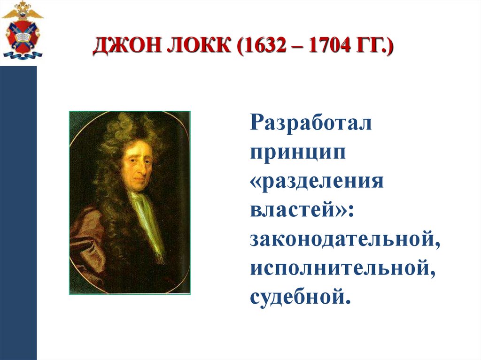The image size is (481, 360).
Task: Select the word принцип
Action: pos(298,153)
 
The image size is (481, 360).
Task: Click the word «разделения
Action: pos(317,182)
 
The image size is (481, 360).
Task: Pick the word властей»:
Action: pos(301,211)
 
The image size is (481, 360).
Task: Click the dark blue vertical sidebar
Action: pos(18,211)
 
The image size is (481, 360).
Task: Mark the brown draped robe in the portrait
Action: pos(87,244)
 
